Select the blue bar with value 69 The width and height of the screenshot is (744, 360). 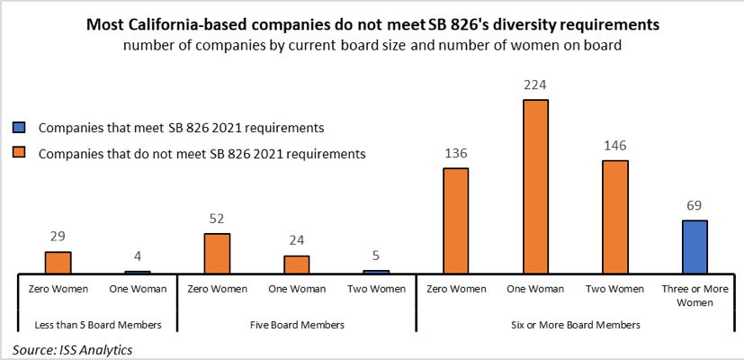[x=695, y=246]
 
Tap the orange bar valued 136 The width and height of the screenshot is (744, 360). [x=455, y=220]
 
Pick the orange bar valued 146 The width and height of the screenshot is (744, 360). [x=614, y=216]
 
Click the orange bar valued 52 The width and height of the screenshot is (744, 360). [x=217, y=253]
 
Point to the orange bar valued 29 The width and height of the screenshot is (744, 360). [x=58, y=262]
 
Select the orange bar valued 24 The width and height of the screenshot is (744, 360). [x=297, y=264]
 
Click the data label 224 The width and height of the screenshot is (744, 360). [x=535, y=85]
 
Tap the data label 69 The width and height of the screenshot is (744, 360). [x=695, y=206]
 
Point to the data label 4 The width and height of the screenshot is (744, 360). [x=138, y=257]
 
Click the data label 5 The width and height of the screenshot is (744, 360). [x=376, y=256]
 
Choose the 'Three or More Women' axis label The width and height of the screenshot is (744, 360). [x=695, y=295]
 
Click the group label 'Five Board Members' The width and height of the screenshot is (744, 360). [x=296, y=324]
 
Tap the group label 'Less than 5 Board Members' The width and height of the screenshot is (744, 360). [x=98, y=324]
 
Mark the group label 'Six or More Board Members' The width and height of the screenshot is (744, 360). [x=575, y=324]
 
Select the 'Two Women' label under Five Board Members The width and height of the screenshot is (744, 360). [x=376, y=289]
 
